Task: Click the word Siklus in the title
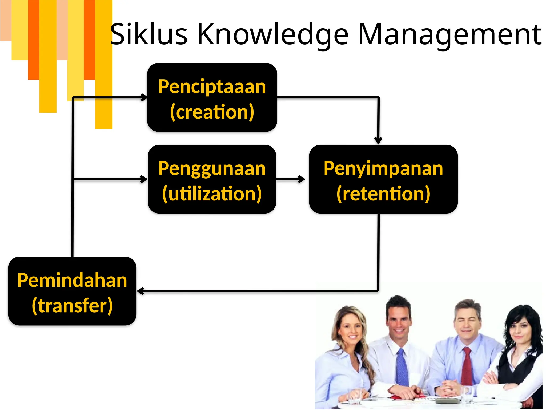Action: [148, 34]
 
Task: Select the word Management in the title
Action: [449, 34]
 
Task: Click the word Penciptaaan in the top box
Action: [212, 87]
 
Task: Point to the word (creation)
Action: [212, 112]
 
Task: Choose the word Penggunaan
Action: [212, 169]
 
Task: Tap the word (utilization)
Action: [212, 194]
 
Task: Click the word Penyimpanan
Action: [383, 168]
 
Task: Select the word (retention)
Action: [383, 194]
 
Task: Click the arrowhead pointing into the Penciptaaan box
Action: [144, 97]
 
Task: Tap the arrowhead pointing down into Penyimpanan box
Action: [378, 140]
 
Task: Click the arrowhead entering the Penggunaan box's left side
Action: [144, 179]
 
